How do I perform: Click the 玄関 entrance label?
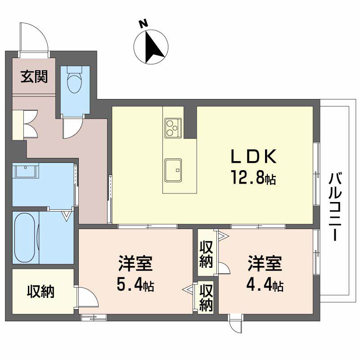[x=34, y=76]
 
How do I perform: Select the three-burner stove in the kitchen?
[x=173, y=128]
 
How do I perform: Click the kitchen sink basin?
[x=173, y=170]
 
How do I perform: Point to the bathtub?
[x=25, y=238]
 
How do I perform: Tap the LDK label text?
[x=253, y=156]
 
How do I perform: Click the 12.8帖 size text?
[x=254, y=177]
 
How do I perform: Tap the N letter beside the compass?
[x=143, y=24]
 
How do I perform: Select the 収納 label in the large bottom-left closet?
[x=40, y=292]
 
